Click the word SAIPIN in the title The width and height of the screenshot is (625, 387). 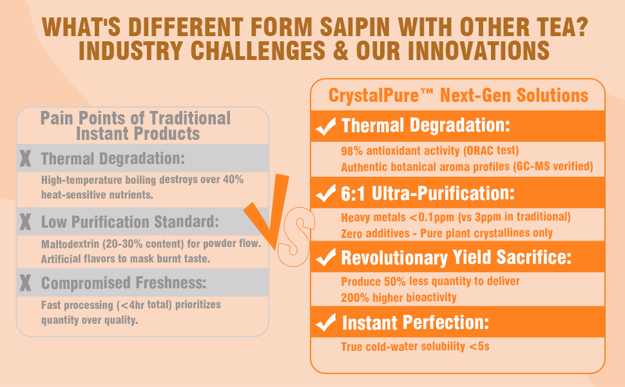coord(355,27)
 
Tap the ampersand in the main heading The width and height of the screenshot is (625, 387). coord(340,51)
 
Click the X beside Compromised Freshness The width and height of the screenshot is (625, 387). coord(25,283)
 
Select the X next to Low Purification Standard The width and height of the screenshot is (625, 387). coord(25,222)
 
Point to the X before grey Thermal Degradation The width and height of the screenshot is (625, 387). coord(25,159)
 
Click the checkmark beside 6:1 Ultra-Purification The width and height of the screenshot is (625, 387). coord(325,193)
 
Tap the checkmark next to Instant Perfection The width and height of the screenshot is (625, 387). coord(325,322)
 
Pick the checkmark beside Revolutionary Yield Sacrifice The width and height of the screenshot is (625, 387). coord(325,257)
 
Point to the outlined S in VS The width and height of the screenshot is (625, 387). coord(294,237)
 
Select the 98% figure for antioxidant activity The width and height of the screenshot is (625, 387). coord(352,151)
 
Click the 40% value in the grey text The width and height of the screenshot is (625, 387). coord(233,179)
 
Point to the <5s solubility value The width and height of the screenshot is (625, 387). coord(479,346)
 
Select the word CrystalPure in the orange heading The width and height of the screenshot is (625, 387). coord(374,95)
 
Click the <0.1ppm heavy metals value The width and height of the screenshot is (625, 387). coord(432,217)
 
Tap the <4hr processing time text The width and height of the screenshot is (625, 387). coord(132,305)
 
